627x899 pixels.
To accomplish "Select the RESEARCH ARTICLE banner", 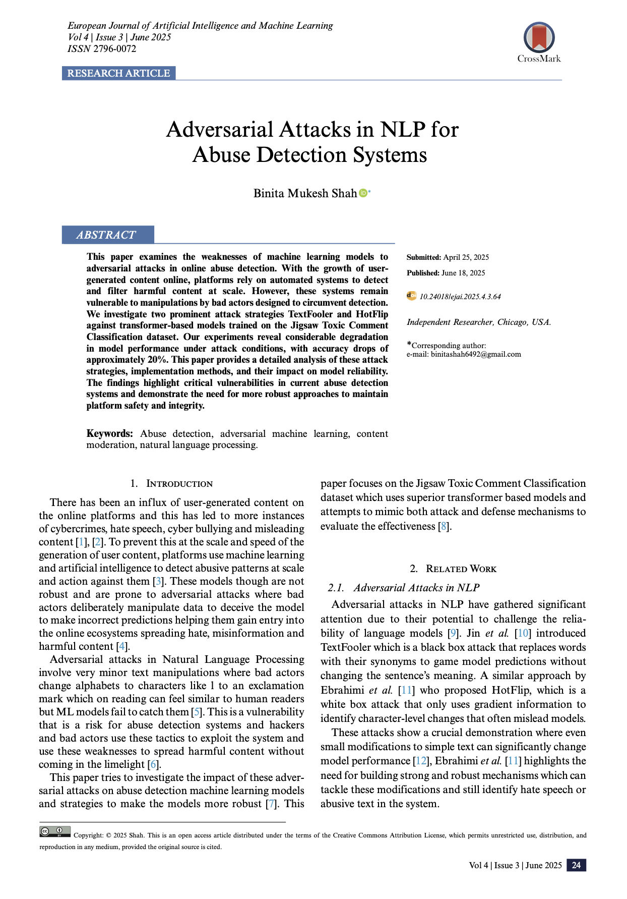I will click(118, 73).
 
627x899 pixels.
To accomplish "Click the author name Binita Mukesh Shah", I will click(305, 193).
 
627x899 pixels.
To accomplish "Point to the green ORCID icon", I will click(363, 193).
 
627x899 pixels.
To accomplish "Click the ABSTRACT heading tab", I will click(106, 235).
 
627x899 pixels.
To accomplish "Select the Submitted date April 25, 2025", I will click(466, 257).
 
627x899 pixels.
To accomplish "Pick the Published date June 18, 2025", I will click(463, 273).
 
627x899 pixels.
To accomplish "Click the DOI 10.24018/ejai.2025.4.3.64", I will click(460, 297).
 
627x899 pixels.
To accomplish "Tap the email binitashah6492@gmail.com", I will click(476, 354).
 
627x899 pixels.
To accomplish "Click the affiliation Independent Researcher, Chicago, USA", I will click(479, 322).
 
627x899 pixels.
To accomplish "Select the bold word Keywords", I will click(109, 433).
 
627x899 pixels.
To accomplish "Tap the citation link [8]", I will click(444, 526).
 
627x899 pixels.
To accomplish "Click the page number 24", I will click(576, 865).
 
